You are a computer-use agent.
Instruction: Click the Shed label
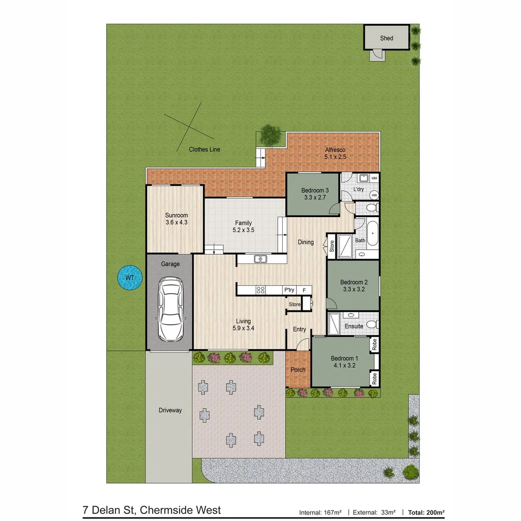(x=386, y=38)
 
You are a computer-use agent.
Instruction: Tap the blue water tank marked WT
(x=130, y=278)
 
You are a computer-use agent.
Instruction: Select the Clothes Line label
(x=205, y=150)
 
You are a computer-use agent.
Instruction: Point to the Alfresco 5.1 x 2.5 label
(x=335, y=153)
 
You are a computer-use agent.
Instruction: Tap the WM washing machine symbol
(x=374, y=178)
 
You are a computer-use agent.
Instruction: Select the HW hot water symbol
(x=374, y=195)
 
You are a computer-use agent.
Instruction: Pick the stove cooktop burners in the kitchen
(x=260, y=290)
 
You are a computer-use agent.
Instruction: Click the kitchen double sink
(x=260, y=259)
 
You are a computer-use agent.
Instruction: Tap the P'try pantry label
(x=289, y=290)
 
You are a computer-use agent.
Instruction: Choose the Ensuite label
(x=354, y=326)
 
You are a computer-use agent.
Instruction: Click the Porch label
(x=298, y=370)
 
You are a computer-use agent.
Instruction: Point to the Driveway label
(x=170, y=411)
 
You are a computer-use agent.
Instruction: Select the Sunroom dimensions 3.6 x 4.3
(x=176, y=222)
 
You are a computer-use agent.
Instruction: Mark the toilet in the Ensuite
(x=371, y=323)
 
